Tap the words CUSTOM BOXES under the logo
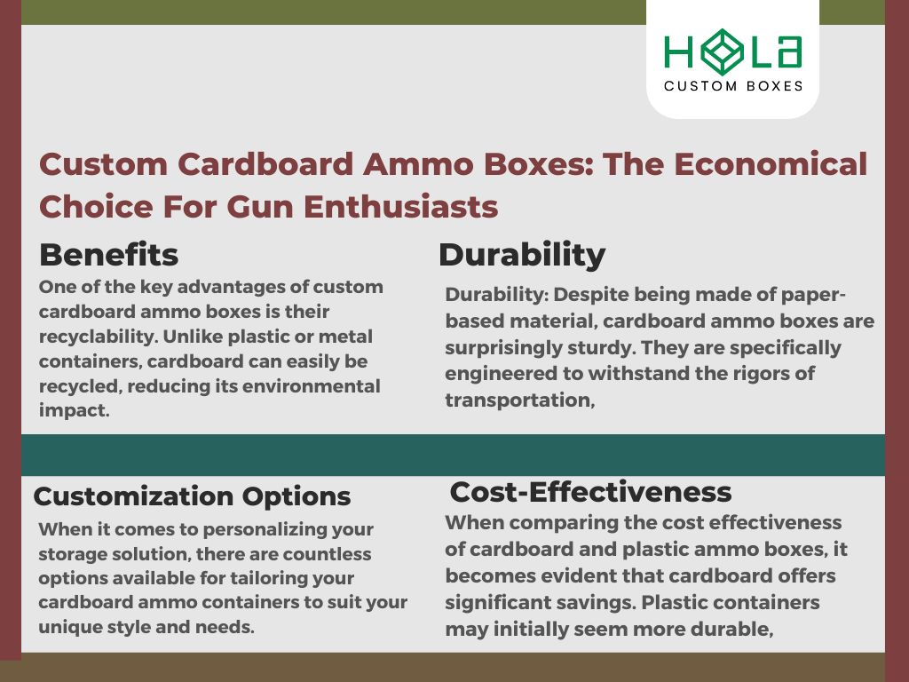pyautogui.click(x=733, y=86)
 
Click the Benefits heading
pyautogui.click(x=108, y=255)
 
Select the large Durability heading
pyautogui.click(x=522, y=255)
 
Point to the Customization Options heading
pyautogui.click(x=192, y=496)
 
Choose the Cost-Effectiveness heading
pyautogui.click(x=590, y=491)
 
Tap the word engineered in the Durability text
pyautogui.click(x=496, y=373)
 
